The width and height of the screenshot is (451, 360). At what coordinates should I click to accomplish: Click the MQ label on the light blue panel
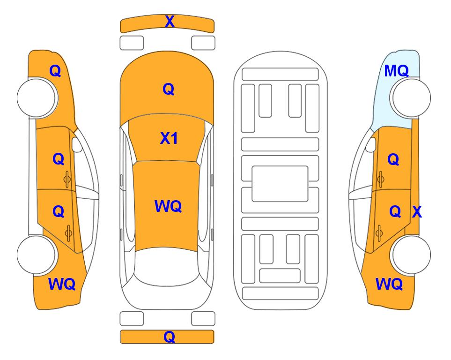[396, 71]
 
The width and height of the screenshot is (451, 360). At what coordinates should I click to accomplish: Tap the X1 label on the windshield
[169, 138]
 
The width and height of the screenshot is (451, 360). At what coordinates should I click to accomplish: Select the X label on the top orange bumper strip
[170, 22]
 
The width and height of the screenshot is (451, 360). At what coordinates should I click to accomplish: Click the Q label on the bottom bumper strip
[169, 337]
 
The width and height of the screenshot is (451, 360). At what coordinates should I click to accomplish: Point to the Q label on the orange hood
[169, 89]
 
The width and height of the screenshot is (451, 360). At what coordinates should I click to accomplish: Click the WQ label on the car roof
[168, 206]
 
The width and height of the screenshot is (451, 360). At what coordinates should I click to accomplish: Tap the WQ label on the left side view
[62, 284]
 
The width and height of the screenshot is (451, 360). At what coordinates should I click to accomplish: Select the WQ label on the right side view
[389, 284]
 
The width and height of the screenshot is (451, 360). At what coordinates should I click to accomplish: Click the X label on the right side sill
[417, 212]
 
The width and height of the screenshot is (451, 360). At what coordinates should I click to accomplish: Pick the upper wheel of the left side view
[37, 98]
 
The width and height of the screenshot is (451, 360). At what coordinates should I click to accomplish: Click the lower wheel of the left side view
[37, 255]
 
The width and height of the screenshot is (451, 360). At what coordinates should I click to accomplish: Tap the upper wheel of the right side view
[411, 97]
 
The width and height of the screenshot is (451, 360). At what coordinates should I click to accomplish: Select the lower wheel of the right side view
[411, 255]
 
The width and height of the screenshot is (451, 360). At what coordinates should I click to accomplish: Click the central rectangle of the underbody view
[280, 184]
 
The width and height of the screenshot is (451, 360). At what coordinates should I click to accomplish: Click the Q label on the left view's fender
[55, 71]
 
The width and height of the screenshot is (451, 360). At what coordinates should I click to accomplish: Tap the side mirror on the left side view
[77, 144]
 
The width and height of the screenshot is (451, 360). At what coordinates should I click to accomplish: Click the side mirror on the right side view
[371, 144]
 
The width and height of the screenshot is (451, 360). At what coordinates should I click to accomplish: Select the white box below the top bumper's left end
[132, 43]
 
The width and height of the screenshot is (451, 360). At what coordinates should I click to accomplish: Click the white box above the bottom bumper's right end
[203, 319]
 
